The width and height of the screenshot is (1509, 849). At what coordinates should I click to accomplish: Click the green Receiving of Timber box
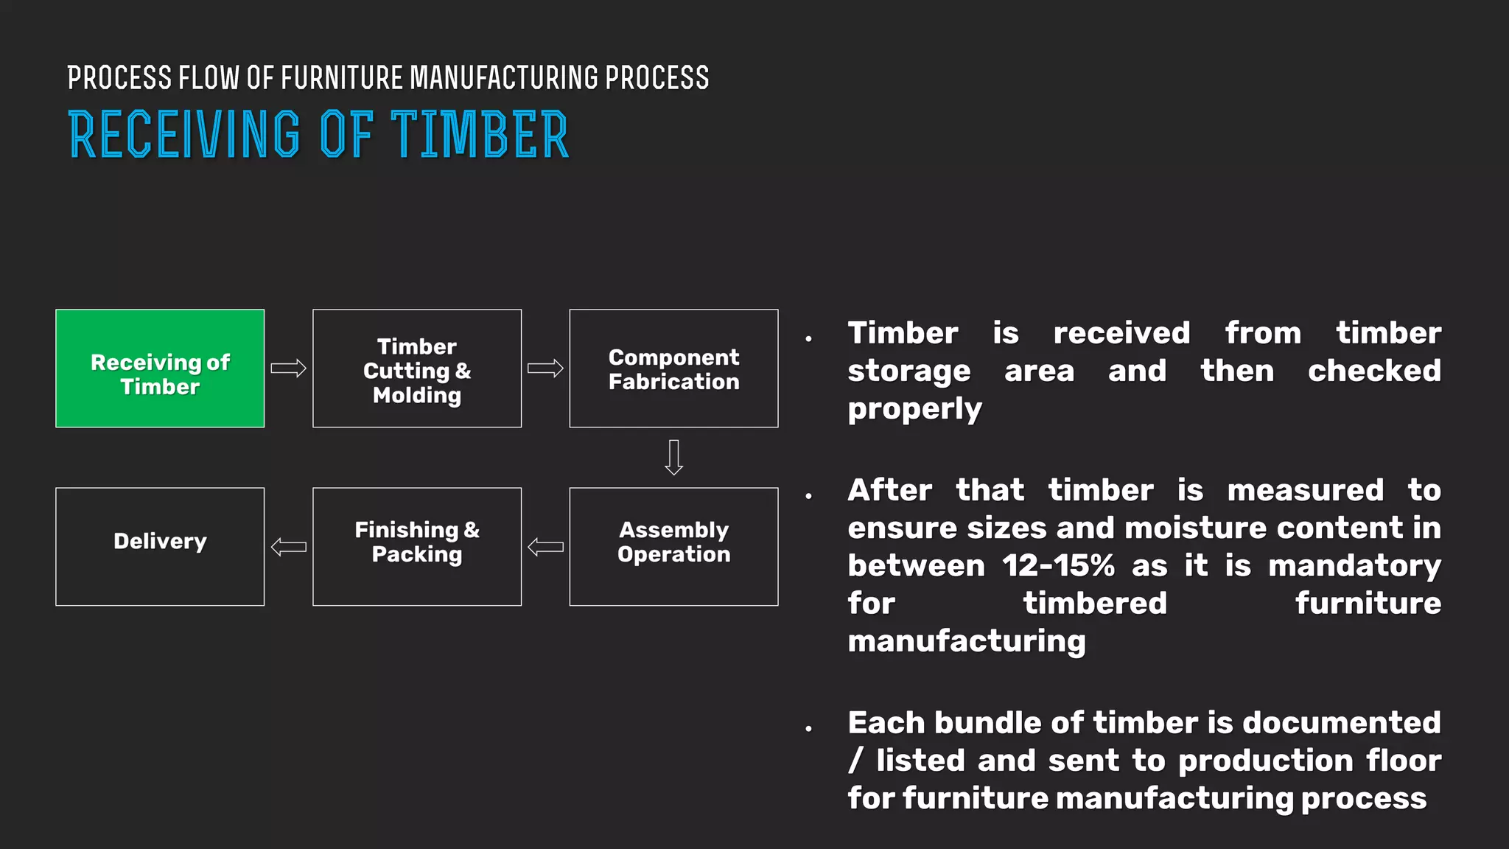click(160, 368)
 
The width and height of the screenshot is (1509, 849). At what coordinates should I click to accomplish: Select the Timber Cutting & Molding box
click(417, 368)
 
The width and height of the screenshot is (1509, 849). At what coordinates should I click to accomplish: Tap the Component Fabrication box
click(673, 368)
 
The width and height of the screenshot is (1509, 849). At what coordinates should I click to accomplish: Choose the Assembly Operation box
click(673, 547)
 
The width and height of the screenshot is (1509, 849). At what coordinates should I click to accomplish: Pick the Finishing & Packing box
click(417, 547)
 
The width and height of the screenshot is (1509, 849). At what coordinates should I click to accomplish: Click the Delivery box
click(160, 547)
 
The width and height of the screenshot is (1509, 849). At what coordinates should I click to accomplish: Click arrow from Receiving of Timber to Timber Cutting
click(288, 368)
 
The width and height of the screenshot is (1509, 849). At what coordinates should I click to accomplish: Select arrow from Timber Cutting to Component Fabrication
click(545, 368)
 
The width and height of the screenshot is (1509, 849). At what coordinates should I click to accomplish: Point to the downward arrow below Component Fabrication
click(673, 458)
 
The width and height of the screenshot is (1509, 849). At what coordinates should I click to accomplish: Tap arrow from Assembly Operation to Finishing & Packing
click(545, 547)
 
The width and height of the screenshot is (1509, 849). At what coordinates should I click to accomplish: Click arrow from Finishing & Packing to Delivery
click(288, 547)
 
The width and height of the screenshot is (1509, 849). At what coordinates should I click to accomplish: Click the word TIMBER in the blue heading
click(479, 135)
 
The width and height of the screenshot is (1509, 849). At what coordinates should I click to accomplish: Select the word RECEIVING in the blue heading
click(184, 135)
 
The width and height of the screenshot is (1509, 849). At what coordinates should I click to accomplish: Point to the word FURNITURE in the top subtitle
click(342, 78)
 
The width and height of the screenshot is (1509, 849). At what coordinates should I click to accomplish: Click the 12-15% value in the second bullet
click(1058, 566)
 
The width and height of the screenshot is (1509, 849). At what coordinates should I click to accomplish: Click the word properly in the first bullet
click(914, 409)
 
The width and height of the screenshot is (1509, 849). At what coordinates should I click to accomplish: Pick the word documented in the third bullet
click(1341, 723)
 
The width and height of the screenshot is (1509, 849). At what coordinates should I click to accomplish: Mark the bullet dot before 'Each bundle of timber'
click(809, 728)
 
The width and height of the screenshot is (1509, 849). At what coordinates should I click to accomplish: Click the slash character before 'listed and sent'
click(855, 761)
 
